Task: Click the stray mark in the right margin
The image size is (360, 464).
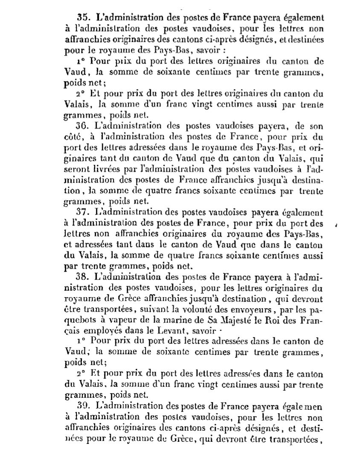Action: [337, 225]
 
